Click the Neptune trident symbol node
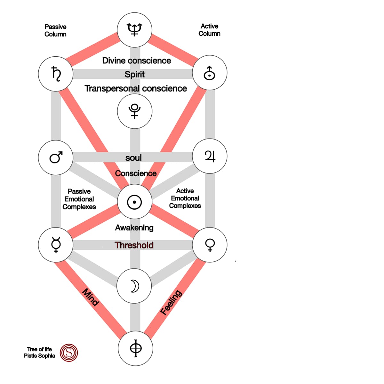(x=134, y=30)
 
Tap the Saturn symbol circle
(x=56, y=74)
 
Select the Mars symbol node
(x=56, y=157)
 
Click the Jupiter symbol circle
(x=210, y=156)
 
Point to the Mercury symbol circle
(x=56, y=245)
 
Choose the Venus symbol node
(x=210, y=245)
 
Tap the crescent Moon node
(x=134, y=286)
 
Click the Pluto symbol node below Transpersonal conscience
(x=134, y=111)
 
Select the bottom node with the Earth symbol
(x=135, y=348)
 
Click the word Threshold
(x=134, y=245)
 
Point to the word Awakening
(x=134, y=228)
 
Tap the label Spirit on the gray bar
(x=134, y=74)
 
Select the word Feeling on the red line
(x=171, y=302)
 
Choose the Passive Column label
(x=55, y=30)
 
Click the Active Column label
(x=209, y=30)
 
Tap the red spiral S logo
(x=69, y=353)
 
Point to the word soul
(x=133, y=158)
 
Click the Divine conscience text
(x=136, y=60)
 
